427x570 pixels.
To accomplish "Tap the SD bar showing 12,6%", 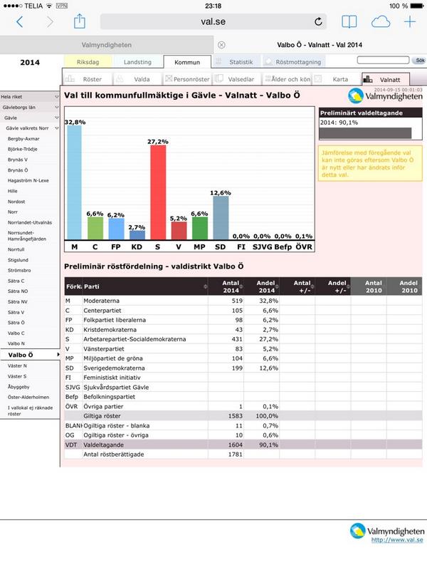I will coord(221,217).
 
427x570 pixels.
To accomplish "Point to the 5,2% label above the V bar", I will coord(179,217).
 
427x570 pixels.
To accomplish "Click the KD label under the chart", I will coord(137,247).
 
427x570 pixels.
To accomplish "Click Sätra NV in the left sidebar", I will coord(18,301).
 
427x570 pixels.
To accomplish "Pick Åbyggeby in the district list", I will coord(19,386).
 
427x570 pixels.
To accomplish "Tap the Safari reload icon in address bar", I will coord(317,21).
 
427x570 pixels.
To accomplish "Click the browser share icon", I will coord(80,21).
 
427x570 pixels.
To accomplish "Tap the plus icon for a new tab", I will coord(410,21).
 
